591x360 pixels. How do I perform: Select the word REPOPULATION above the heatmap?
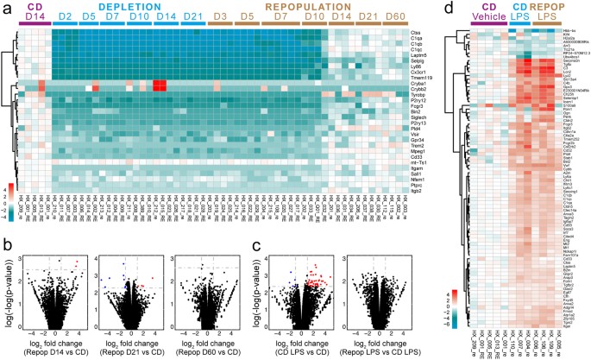pyautogui.click(x=284, y=6)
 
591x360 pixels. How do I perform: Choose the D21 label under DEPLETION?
pyautogui.click(x=193, y=17)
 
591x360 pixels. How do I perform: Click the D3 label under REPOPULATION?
pyautogui.click(x=221, y=17)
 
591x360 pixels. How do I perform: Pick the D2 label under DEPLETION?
pyautogui.click(x=65, y=17)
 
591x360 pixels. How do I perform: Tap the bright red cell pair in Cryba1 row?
pyautogui.click(x=159, y=85)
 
